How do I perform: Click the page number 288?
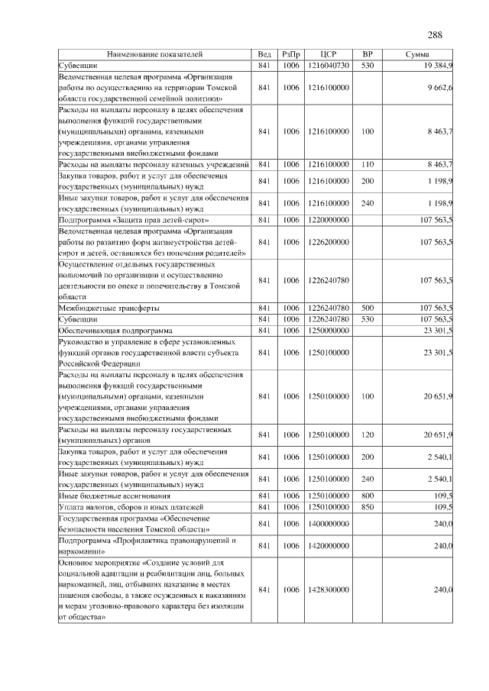[x=435, y=35]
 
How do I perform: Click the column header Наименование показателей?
[x=155, y=55]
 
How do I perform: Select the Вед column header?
[x=264, y=55]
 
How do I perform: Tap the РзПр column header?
[x=291, y=55]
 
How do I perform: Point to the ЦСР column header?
[x=329, y=55]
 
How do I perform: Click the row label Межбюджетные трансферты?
[x=109, y=308]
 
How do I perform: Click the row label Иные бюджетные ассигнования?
[x=111, y=496]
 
